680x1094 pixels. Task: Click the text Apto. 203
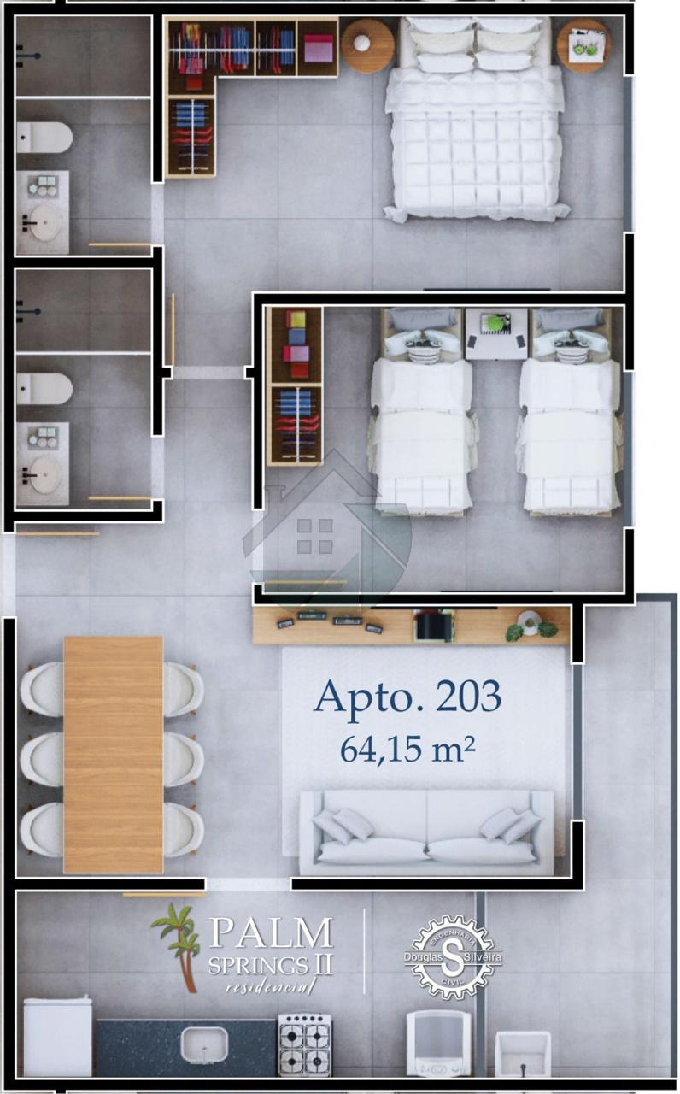pyautogui.click(x=407, y=697)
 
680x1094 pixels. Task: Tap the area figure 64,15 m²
pyautogui.click(x=407, y=750)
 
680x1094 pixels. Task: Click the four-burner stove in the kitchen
pyautogui.click(x=305, y=1044)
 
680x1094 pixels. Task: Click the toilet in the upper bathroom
pyautogui.click(x=44, y=138)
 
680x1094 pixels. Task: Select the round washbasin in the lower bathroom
pyautogui.click(x=45, y=475)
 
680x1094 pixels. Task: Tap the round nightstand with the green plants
pyautogui.click(x=583, y=46)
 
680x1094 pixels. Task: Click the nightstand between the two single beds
pyautogui.click(x=496, y=333)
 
